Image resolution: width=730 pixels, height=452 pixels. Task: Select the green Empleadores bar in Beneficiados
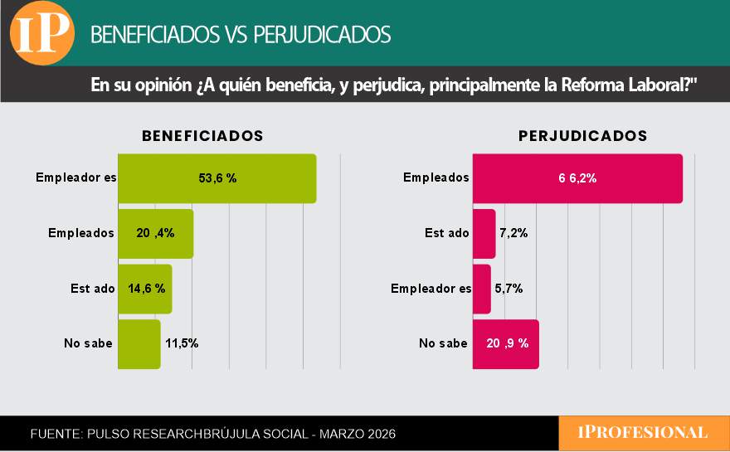(x=217, y=178)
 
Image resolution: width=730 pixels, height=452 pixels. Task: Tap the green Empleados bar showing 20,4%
(x=155, y=233)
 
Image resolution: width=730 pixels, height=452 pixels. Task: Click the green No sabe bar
(x=139, y=343)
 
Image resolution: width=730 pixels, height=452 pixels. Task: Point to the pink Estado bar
(x=484, y=233)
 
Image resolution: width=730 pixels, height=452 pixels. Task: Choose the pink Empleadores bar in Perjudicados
(x=481, y=289)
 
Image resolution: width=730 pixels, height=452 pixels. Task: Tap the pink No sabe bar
(x=505, y=343)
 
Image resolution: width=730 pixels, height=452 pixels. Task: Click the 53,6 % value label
(x=217, y=178)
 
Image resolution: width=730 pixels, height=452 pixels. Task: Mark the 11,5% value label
(x=182, y=343)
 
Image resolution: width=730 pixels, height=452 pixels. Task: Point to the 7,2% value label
(x=514, y=233)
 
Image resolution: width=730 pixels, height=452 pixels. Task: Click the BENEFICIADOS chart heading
(x=202, y=136)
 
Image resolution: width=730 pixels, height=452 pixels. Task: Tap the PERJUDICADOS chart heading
(x=582, y=136)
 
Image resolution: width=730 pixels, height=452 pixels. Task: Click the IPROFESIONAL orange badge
(x=643, y=433)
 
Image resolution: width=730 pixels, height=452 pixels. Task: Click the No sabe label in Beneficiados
(x=88, y=343)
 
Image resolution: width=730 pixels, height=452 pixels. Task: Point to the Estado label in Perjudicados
(x=446, y=233)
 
